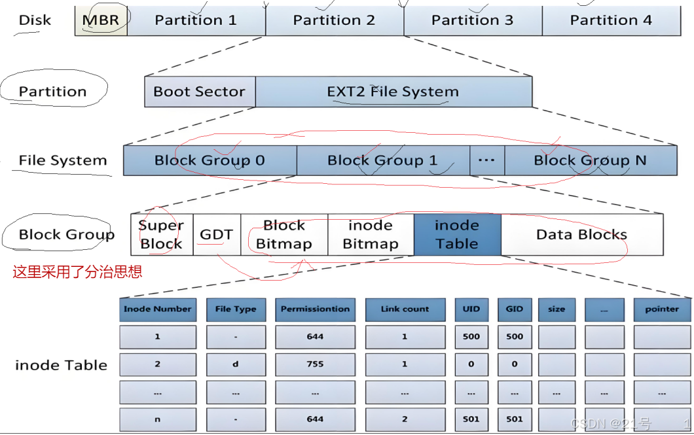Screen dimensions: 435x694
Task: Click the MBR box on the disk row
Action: [101, 20]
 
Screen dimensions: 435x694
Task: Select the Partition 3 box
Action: [473, 20]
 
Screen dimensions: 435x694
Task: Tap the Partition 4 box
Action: [610, 20]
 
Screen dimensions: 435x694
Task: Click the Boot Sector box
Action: [199, 92]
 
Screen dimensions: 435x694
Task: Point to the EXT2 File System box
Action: [393, 92]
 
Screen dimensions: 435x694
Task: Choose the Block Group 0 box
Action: [210, 160]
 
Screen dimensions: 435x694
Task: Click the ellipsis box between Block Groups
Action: [487, 160]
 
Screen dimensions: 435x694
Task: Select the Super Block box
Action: [161, 234]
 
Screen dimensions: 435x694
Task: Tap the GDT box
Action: [216, 234]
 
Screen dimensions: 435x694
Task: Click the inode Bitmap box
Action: [371, 234]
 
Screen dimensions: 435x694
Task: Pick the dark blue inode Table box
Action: [457, 234]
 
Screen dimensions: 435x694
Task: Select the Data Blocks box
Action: [581, 234]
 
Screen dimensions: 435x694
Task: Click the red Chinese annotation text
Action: [77, 272]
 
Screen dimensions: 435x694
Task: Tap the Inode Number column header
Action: [158, 309]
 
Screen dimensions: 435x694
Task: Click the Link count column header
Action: [405, 309]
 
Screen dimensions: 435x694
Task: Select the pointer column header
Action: [662, 309]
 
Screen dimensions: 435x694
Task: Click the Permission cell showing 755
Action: [315, 364]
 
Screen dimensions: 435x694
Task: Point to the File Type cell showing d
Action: [236, 364]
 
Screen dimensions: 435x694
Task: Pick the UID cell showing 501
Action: [471, 419]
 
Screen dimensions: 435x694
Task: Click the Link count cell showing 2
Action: [405, 419]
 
